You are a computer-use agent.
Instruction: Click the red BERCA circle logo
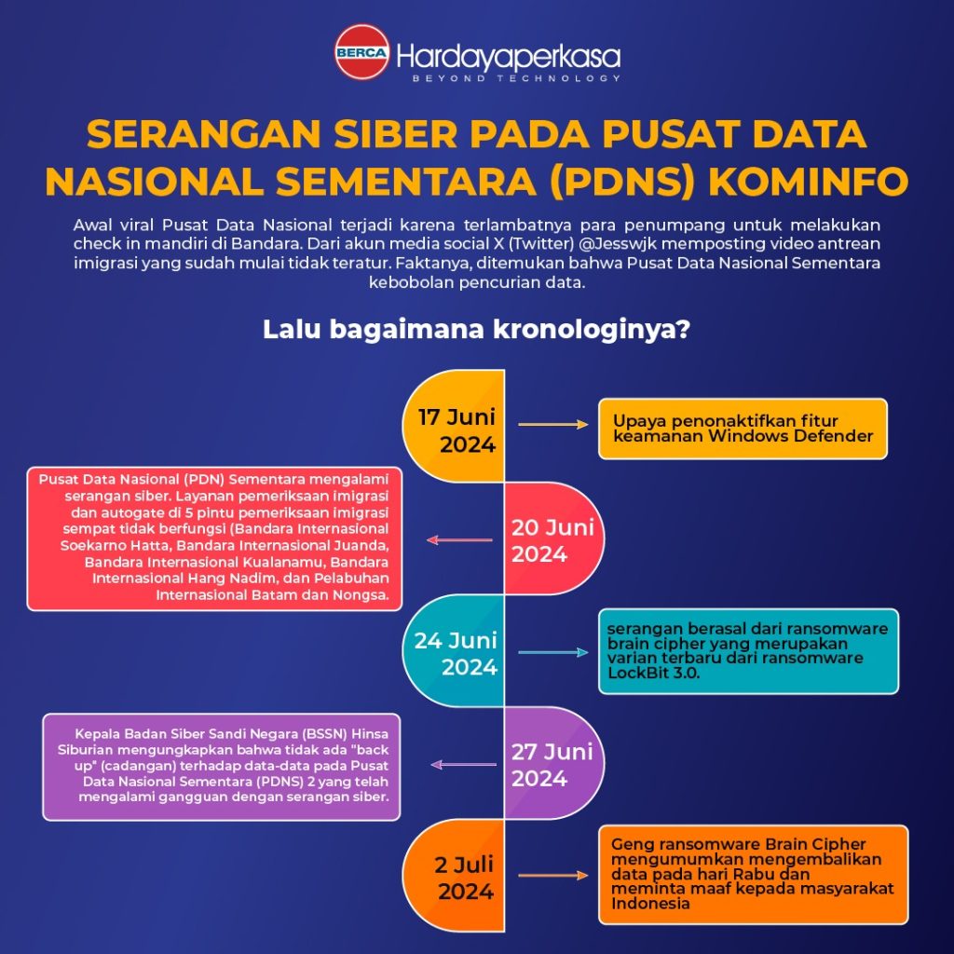click(x=362, y=52)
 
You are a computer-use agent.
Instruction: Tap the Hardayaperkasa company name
click(x=509, y=57)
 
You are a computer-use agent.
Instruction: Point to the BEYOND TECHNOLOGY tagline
click(x=516, y=78)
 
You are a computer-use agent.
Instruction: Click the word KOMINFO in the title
click(x=809, y=182)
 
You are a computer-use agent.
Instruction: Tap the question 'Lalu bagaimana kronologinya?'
click(x=476, y=329)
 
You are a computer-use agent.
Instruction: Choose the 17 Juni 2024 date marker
click(x=457, y=430)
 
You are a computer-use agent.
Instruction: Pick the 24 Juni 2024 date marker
click(x=456, y=653)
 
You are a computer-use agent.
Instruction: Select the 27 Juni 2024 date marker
click(x=552, y=765)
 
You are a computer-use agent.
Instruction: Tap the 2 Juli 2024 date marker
click(x=464, y=878)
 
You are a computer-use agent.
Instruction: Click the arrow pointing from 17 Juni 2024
click(x=553, y=424)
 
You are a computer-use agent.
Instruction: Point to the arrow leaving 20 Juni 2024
click(x=459, y=539)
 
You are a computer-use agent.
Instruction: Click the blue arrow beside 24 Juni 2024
click(x=553, y=652)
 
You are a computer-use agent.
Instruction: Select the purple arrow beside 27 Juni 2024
click(x=464, y=764)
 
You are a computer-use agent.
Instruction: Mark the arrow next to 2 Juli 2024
click(x=553, y=876)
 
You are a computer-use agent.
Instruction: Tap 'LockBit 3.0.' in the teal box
click(x=653, y=673)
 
